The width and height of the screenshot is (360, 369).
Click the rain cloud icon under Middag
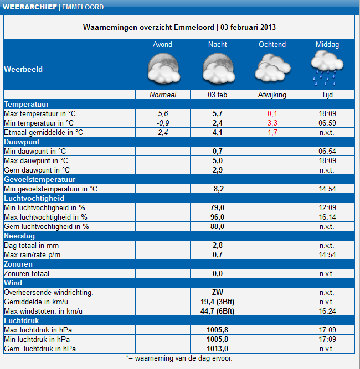[x=327, y=69]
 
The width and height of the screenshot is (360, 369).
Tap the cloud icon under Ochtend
[x=272, y=68]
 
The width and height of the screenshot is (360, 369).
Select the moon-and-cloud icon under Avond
[x=164, y=69]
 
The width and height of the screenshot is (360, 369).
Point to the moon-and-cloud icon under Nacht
[x=219, y=69]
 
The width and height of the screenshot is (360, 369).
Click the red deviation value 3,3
[x=272, y=123]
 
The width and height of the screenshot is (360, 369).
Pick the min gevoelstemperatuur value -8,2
[x=218, y=189]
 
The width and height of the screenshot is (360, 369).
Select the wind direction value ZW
[x=218, y=292]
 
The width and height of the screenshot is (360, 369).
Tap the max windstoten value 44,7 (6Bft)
[x=218, y=311]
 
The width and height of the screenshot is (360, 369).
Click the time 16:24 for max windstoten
[x=327, y=311]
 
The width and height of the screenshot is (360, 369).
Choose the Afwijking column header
[x=272, y=95]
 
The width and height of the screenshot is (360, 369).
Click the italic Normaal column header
[x=163, y=95]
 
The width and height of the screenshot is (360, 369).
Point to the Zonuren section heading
[x=18, y=264]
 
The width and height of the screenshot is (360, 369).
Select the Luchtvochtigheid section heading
[x=34, y=199]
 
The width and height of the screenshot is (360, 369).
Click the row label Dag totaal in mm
[x=32, y=246]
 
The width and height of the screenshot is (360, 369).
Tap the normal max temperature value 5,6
[x=163, y=113]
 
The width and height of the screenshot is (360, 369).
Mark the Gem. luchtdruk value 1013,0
[x=218, y=349]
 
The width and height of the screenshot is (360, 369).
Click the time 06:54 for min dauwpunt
[x=327, y=152]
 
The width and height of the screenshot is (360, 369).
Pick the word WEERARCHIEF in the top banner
[x=30, y=7]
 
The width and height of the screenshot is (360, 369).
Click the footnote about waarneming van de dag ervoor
[x=179, y=358]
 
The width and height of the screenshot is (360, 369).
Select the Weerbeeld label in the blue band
[x=23, y=69]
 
